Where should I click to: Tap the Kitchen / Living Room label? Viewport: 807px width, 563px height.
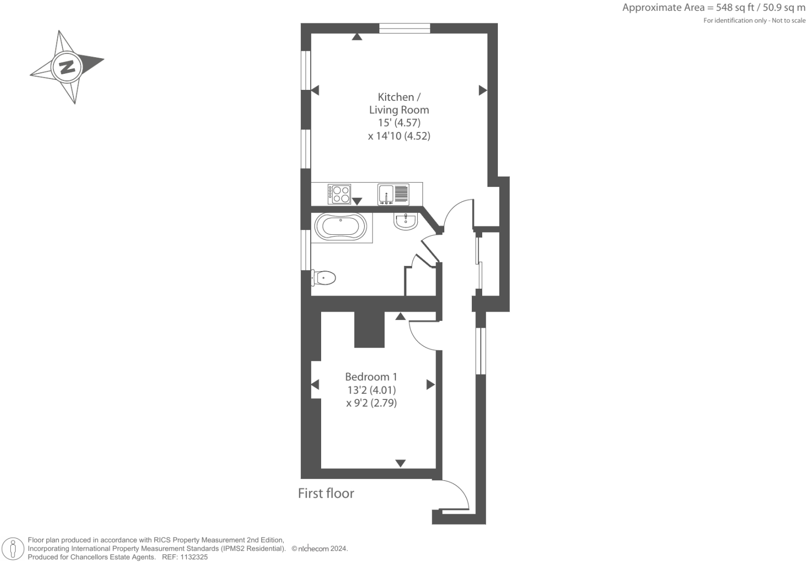point(399,103)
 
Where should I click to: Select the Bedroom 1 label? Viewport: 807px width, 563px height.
point(371,377)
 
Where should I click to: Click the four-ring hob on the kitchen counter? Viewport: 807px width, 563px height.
point(339,194)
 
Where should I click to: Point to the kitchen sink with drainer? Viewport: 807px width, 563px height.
point(393,194)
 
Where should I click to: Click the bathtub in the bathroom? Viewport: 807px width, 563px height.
point(340,227)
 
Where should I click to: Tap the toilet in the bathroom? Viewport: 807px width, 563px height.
point(324,278)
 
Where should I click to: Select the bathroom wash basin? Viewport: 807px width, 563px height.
point(405,221)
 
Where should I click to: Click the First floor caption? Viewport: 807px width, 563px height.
point(326,493)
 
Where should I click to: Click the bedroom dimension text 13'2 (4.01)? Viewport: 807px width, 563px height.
point(371,390)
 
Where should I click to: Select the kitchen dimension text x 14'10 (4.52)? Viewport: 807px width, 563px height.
point(399,136)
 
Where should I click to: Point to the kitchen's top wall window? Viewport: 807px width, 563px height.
point(404,29)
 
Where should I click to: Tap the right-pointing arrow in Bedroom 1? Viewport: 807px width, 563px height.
point(430,385)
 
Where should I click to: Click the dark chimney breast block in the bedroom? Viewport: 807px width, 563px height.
point(369,329)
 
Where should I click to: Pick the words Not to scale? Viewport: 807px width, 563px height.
point(788,20)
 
